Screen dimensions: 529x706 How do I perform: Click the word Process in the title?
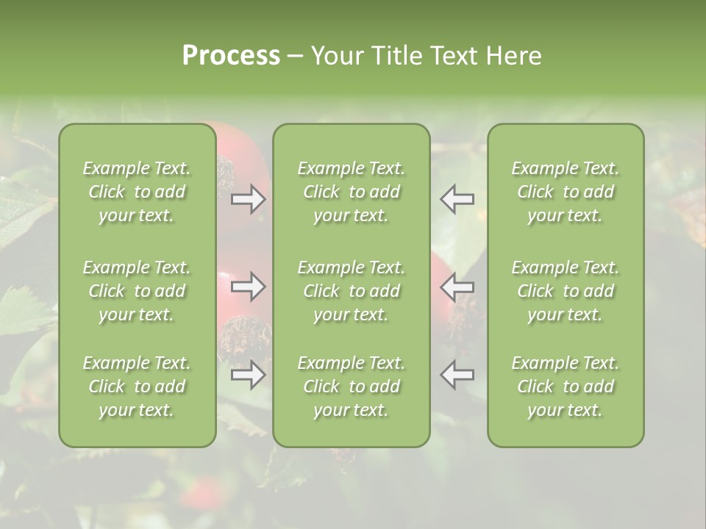(230, 56)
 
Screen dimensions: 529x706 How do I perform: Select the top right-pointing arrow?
(249, 199)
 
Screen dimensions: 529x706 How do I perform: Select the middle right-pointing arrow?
(249, 287)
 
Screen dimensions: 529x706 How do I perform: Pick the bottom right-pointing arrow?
(249, 375)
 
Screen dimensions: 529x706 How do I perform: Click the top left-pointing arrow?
(457, 199)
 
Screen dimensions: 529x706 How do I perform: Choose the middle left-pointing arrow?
(457, 287)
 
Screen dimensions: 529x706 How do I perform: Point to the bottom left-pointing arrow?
(457, 375)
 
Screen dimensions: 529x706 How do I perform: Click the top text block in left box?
(137, 192)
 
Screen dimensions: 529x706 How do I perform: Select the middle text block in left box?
(137, 291)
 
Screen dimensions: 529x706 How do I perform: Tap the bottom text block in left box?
(137, 386)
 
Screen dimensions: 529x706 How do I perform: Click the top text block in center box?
(352, 192)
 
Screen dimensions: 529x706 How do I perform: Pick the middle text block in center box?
(352, 291)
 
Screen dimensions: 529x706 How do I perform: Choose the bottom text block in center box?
(352, 386)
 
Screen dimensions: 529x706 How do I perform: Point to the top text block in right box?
(566, 192)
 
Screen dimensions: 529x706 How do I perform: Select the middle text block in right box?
(566, 291)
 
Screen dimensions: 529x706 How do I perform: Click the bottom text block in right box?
(566, 386)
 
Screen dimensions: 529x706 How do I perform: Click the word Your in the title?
(335, 56)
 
